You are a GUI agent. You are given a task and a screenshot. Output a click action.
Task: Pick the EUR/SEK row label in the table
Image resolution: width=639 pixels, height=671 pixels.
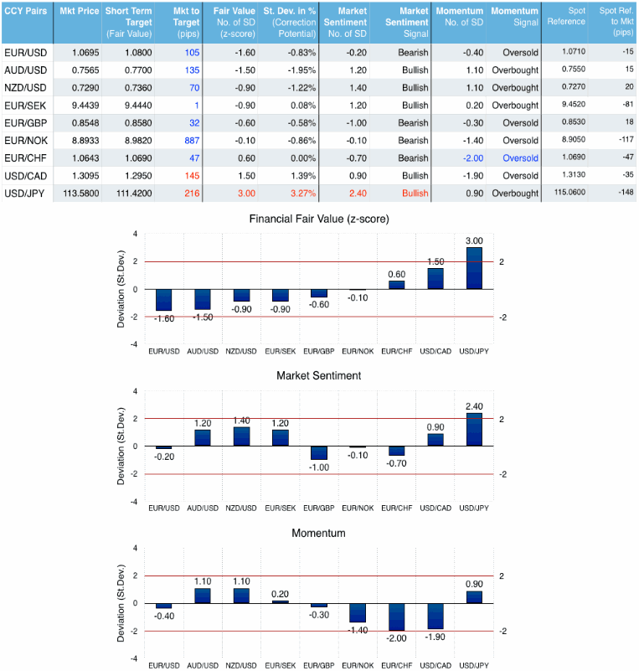[x=24, y=106]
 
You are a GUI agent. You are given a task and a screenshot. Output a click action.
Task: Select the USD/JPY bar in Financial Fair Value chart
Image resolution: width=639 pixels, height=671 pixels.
[x=475, y=268]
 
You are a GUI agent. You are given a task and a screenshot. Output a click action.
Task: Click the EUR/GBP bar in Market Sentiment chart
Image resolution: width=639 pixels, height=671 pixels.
[x=319, y=452]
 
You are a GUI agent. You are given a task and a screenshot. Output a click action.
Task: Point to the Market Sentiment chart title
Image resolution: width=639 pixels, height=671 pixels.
[x=319, y=376]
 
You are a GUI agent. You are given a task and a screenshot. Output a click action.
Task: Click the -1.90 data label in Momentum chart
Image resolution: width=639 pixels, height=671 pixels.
[x=436, y=637]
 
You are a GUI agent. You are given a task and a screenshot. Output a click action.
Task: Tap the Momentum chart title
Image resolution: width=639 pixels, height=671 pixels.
[x=319, y=533]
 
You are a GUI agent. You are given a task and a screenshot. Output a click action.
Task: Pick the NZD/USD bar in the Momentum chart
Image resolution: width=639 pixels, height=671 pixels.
[x=241, y=596]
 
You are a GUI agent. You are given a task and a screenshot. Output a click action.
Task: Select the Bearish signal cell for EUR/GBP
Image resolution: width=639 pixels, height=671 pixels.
[x=414, y=123]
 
